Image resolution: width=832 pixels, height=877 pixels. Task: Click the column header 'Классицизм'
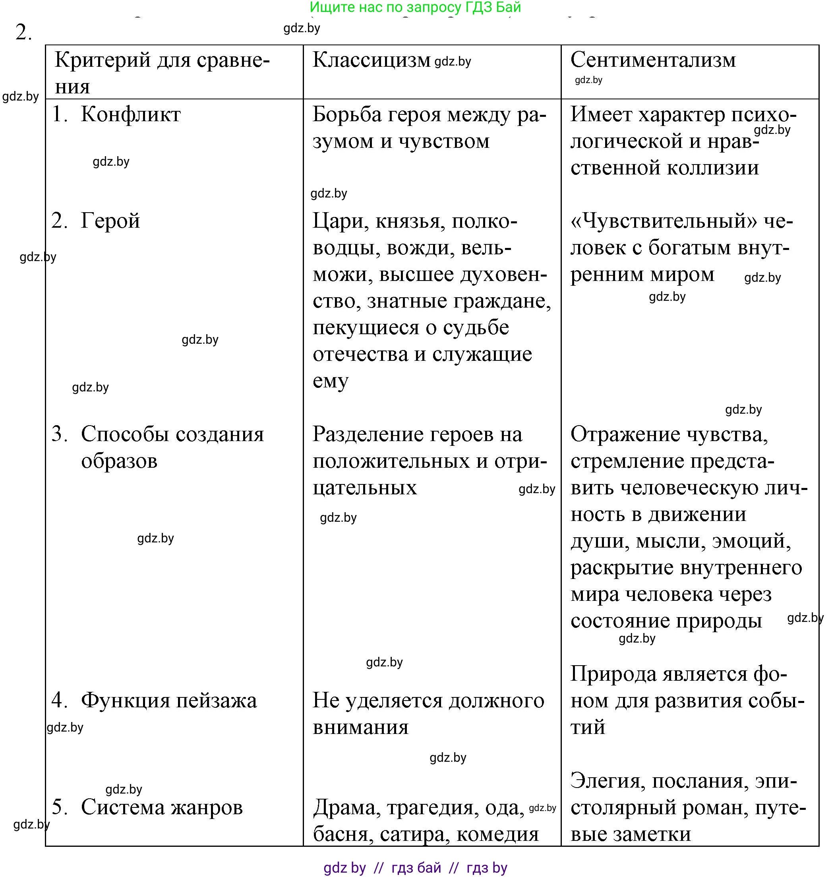coord(371,60)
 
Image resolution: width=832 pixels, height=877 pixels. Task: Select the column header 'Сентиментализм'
coord(652,60)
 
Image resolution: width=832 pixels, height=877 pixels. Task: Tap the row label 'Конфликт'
coord(130,114)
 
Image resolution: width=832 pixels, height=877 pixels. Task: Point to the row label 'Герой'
coord(110,221)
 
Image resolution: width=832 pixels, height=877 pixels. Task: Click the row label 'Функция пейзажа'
coord(168,700)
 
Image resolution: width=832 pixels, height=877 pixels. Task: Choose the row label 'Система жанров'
coord(161,807)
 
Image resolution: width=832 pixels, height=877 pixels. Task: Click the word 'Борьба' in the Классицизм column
coord(347,114)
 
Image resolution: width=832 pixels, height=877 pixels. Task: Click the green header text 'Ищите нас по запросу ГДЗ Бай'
coord(415,7)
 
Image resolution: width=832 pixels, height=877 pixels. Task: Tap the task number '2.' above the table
coord(23,32)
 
